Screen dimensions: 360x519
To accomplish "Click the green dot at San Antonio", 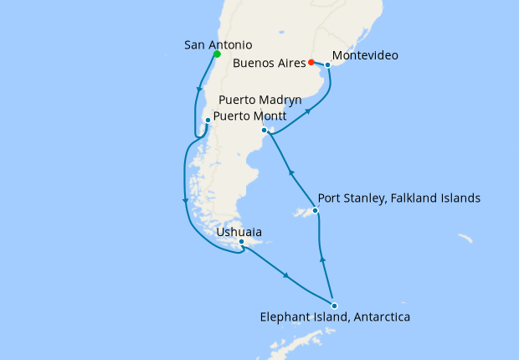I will pyautogui.click(x=217, y=54).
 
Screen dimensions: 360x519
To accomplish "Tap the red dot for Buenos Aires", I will pyautogui.click(x=311, y=62).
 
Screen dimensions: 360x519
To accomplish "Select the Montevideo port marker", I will pyautogui.click(x=328, y=64).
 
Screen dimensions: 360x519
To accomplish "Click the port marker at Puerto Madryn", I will pyautogui.click(x=264, y=131).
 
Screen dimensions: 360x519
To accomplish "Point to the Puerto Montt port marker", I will pyautogui.click(x=208, y=121).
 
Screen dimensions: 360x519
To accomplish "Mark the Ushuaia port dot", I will pyautogui.click(x=241, y=243).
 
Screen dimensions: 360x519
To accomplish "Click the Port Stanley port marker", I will pyautogui.click(x=316, y=211).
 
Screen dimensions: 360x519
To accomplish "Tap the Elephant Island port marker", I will pyautogui.click(x=334, y=306).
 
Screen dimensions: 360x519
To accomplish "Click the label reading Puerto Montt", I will pyautogui.click(x=251, y=116).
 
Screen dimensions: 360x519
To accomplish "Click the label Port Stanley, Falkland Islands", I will pyautogui.click(x=399, y=198).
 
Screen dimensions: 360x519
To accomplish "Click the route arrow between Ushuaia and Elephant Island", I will pyautogui.click(x=287, y=276).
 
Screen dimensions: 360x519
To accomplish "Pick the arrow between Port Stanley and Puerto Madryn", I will pyautogui.click(x=292, y=172).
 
